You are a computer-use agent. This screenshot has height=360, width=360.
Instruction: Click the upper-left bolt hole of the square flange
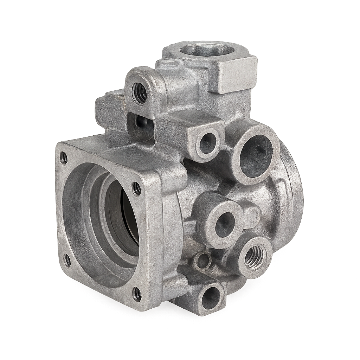coord(64,158)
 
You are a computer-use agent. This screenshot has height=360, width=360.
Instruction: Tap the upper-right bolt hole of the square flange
coord(136,189)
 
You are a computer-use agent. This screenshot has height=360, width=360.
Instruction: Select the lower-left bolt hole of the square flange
coord(67,260)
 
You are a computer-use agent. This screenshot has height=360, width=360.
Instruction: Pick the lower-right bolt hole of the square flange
coord(137,294)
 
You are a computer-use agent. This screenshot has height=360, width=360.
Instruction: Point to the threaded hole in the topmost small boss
coord(140,93)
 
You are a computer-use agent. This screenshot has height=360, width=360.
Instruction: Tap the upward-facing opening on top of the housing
coord(207,50)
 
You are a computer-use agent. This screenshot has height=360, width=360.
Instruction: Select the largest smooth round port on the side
coord(256,156)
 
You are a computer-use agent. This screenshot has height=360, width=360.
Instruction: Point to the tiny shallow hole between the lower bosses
coord(203,261)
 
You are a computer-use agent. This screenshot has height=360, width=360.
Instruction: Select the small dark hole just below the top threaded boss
coord(142,122)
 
